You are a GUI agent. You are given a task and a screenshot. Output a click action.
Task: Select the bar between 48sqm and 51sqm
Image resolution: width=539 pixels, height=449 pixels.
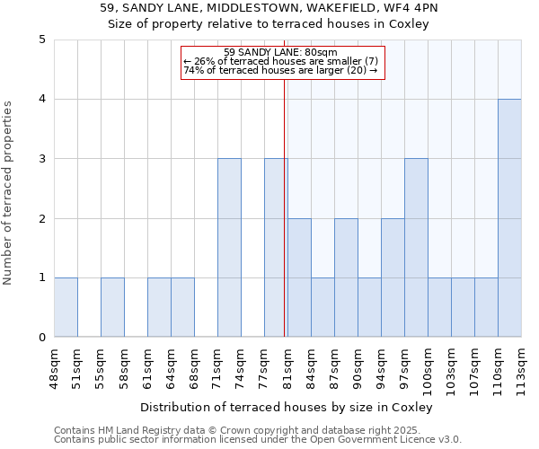point(66,307)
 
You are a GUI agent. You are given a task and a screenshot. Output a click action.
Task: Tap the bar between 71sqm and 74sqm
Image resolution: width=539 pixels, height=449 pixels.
point(229,248)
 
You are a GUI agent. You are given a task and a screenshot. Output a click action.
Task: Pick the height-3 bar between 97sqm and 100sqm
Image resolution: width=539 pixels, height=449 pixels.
point(416,248)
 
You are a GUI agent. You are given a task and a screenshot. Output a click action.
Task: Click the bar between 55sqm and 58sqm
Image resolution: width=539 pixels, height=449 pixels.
point(112,307)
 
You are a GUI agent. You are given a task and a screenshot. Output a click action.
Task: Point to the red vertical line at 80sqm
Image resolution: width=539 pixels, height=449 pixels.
point(284,224)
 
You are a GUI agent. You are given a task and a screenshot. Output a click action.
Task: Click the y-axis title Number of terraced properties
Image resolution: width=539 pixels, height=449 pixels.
point(9,193)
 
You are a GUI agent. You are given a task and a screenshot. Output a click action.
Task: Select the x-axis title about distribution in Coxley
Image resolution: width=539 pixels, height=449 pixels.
point(287,407)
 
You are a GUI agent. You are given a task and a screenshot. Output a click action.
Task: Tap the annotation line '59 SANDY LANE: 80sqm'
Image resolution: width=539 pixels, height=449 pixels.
point(280,52)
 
